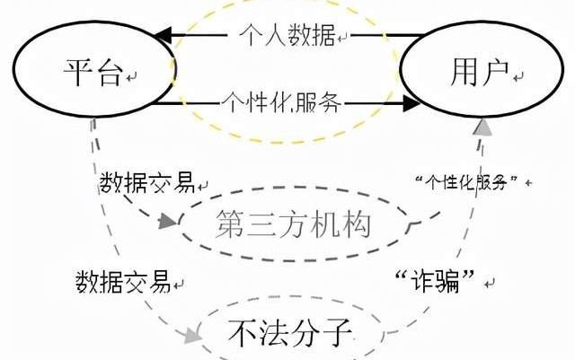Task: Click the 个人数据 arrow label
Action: tap(287, 36)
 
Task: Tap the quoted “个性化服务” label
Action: tap(470, 181)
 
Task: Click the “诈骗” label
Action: tap(434, 280)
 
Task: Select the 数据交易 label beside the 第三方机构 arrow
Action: tap(146, 184)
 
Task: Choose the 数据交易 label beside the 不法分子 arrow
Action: tap(123, 281)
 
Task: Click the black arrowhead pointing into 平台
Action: tap(163, 36)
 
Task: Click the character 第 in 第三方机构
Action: tap(230, 224)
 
